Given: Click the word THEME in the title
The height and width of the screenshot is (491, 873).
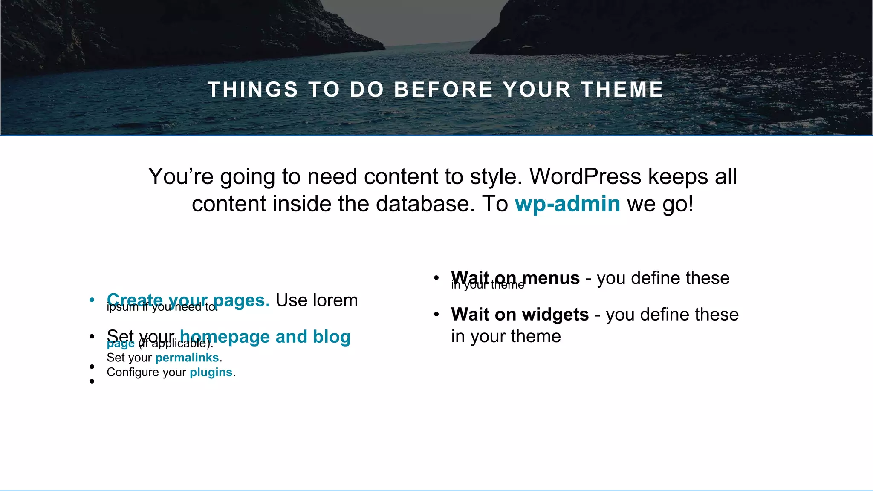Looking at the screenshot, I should tap(622, 90).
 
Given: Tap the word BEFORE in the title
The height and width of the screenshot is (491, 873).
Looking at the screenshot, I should tap(443, 90).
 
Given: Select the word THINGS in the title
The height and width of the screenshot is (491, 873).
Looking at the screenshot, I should tap(252, 90).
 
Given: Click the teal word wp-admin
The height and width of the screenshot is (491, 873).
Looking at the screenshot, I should tap(567, 204).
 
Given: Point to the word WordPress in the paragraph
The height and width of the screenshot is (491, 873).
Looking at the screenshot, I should tap(585, 176).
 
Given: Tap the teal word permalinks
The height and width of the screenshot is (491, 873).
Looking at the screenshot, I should tap(187, 358).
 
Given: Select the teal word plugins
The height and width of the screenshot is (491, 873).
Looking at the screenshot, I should tap(211, 372).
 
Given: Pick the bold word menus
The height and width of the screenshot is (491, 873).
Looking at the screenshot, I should tap(551, 278).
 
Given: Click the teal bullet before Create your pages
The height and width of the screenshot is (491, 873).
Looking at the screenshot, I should tap(92, 300).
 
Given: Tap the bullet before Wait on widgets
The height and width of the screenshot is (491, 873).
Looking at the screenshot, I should tap(436, 315).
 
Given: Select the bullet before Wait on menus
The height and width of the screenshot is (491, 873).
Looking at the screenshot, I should tap(436, 278).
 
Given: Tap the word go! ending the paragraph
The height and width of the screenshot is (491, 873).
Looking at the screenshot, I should tap(678, 204).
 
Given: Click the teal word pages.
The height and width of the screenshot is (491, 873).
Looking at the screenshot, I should tap(241, 300).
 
